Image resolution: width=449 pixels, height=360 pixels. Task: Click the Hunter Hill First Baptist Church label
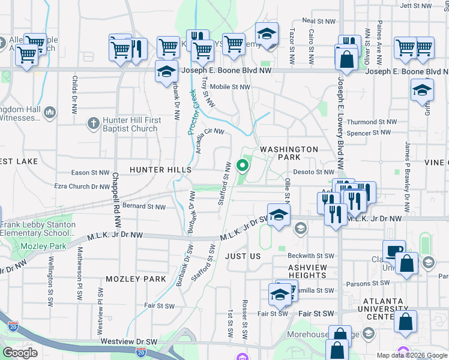point(131,124)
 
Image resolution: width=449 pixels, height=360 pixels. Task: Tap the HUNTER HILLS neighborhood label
point(160,170)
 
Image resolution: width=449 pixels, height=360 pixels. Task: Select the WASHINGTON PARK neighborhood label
point(289,153)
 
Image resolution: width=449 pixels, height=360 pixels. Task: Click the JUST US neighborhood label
point(243,256)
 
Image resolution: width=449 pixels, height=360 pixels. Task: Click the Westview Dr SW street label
point(128,341)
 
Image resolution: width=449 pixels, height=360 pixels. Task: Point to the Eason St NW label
point(90,173)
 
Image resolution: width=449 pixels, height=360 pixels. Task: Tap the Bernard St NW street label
point(143,207)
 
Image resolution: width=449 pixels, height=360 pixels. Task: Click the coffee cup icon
point(394,250)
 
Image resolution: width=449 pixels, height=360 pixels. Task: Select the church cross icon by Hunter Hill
point(92,124)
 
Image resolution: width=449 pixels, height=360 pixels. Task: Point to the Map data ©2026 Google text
point(412,355)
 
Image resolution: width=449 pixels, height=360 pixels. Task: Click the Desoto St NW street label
point(313,172)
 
